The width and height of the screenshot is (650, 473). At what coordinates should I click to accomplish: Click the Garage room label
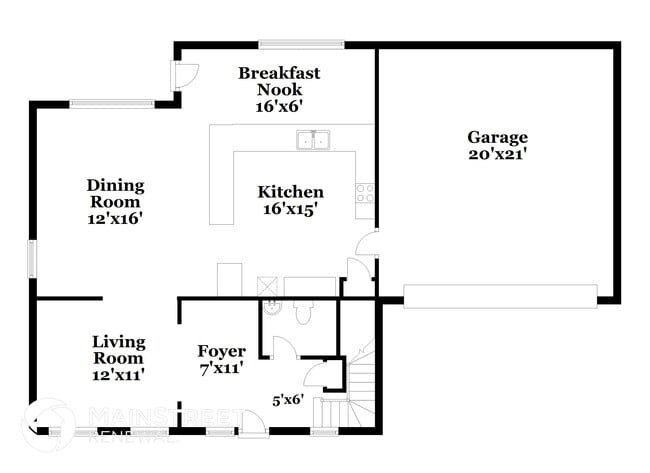[497, 137]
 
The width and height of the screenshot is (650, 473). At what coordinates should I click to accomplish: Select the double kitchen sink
[314, 140]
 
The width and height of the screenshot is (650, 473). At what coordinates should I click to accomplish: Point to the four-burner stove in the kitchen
[365, 192]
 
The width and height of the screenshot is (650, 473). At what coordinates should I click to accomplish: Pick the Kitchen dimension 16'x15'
[290, 209]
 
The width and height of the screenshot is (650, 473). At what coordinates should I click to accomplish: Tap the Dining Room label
[115, 193]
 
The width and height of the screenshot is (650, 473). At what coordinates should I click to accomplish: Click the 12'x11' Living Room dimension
[119, 374]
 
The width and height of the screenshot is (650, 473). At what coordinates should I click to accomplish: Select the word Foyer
[221, 350]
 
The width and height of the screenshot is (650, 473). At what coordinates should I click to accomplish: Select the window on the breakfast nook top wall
[301, 44]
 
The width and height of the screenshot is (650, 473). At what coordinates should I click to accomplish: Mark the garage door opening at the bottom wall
[500, 295]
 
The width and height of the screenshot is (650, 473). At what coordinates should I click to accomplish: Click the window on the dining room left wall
[32, 258]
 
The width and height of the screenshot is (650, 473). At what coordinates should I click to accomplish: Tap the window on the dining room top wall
[111, 102]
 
